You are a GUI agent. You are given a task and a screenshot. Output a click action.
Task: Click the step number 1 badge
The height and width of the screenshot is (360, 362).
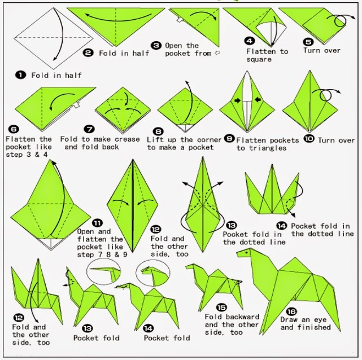21,74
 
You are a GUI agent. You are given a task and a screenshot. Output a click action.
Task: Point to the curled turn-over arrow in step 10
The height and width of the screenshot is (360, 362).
333,92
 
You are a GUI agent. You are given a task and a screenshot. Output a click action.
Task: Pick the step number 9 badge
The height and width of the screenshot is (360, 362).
229,139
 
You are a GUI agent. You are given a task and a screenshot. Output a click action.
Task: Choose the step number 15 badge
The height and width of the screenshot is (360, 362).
221,308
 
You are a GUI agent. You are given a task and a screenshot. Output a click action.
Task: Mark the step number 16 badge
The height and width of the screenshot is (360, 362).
291,311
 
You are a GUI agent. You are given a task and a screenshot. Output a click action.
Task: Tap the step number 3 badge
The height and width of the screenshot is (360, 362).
156,45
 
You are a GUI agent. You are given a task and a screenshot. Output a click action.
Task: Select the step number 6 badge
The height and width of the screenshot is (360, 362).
10,129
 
